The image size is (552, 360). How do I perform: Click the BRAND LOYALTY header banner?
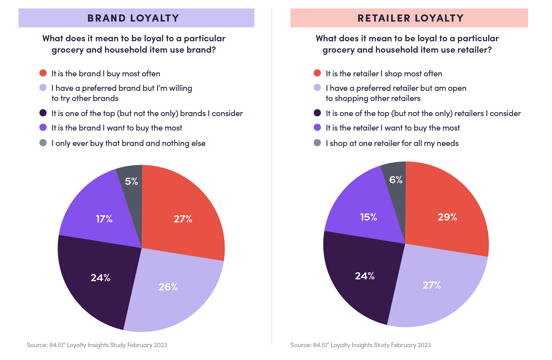[136, 18]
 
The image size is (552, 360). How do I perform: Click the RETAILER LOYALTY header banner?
[409, 18]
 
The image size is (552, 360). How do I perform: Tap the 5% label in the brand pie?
[132, 181]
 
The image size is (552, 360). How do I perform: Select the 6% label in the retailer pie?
[396, 180]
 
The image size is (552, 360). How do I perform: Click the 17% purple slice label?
[104, 219]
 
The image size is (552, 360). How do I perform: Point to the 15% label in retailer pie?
[368, 217]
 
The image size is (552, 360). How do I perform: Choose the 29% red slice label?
[447, 217]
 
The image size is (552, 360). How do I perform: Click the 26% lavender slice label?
[168, 287]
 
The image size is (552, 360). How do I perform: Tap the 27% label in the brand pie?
[183, 219]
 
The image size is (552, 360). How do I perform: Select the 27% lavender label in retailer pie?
[432, 285]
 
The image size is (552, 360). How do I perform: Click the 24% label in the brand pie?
[100, 278]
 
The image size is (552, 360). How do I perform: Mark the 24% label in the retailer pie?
[365, 276]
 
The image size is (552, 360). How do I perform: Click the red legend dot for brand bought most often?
[43, 73]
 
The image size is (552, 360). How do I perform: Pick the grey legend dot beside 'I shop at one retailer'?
[317, 143]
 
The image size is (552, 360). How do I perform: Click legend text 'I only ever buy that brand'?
[128, 143]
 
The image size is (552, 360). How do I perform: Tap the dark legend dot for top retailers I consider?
[317, 113]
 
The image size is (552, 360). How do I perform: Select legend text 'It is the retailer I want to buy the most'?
[393, 128]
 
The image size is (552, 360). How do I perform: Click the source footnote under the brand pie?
[97, 345]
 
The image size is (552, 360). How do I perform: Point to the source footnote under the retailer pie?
[360, 345]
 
